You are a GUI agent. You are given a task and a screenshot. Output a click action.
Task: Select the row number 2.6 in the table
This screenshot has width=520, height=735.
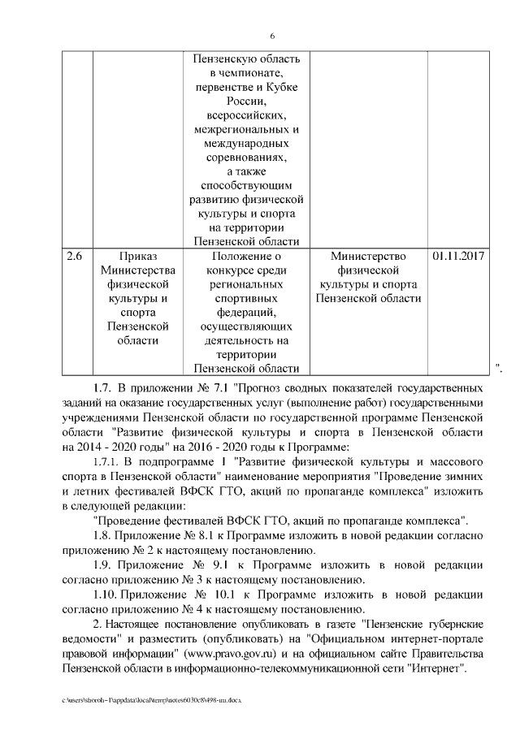pyautogui.click(x=74, y=256)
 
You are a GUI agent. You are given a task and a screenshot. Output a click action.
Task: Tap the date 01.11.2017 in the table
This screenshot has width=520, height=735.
pyautogui.click(x=459, y=256)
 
